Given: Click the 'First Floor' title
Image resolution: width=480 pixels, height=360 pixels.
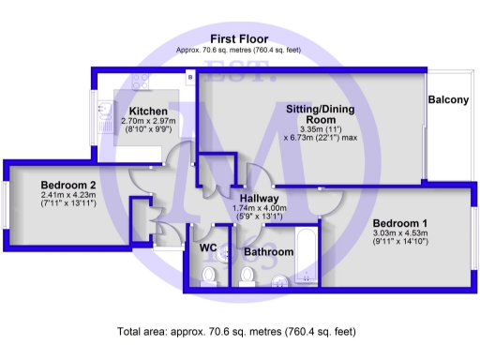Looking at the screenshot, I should tap(239, 37).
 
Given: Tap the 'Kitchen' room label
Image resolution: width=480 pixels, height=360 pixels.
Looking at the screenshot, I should tap(147, 111).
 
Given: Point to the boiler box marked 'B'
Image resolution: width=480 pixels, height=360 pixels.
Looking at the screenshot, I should tap(189, 76).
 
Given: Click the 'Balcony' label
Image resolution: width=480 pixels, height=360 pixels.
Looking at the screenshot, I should tap(447, 100).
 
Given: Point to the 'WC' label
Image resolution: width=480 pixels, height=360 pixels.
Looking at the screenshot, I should tap(209, 247).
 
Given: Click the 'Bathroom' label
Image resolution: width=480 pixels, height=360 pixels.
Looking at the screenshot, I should tap(269, 252).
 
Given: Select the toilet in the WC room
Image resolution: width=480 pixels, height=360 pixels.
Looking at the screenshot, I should tap(209, 275).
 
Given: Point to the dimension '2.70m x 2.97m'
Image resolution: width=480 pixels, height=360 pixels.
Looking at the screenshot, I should tap(147, 122).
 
